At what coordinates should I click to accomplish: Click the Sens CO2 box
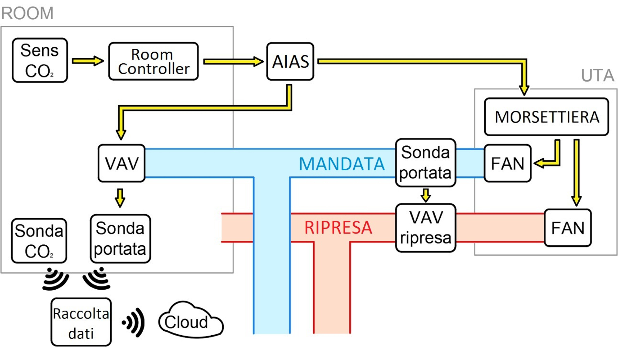point(40,60)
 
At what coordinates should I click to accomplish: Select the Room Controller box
point(153,61)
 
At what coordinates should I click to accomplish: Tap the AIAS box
point(290,61)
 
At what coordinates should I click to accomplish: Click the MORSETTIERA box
point(547,117)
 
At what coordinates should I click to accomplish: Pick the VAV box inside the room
point(121,163)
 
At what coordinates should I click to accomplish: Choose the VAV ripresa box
point(425,228)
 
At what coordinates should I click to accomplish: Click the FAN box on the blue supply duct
point(507,163)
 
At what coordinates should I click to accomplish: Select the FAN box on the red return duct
point(567,228)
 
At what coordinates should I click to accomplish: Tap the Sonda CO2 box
point(39,241)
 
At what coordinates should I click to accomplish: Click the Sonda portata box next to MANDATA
point(425,162)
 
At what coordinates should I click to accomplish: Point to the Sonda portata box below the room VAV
point(120,238)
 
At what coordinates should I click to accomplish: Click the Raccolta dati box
point(81,322)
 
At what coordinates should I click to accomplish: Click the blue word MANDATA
point(341,164)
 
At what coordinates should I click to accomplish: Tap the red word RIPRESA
point(338,228)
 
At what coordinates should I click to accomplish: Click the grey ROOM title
point(27,13)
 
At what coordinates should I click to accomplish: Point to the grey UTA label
point(597,75)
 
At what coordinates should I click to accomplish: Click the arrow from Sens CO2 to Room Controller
point(88,61)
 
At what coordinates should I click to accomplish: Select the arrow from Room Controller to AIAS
point(233,61)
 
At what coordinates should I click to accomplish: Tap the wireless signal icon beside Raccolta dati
point(134,322)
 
